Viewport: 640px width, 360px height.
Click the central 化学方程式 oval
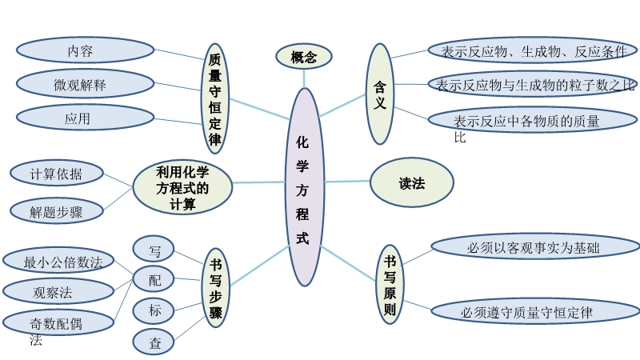(x=304, y=186)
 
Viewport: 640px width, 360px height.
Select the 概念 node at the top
(x=304, y=57)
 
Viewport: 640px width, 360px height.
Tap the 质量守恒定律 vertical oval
(x=214, y=98)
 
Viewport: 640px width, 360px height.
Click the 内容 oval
(x=85, y=50)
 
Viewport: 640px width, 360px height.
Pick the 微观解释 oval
(x=85, y=84)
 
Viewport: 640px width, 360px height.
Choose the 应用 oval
(x=85, y=118)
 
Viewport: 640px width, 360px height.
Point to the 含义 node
(x=380, y=94)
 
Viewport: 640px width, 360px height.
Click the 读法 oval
(x=411, y=183)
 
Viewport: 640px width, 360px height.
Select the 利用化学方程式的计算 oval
(x=182, y=187)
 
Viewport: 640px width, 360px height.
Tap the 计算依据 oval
(x=56, y=174)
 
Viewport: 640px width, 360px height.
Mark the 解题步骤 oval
(x=56, y=212)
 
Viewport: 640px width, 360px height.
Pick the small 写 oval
(x=154, y=250)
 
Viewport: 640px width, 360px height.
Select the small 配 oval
(x=154, y=279)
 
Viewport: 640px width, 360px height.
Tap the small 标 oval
(x=154, y=310)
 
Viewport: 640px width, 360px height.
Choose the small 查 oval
(x=154, y=342)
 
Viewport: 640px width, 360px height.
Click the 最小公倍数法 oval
(x=58, y=261)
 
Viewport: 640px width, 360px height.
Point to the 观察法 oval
(x=58, y=291)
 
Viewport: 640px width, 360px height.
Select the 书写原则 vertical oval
(x=390, y=285)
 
